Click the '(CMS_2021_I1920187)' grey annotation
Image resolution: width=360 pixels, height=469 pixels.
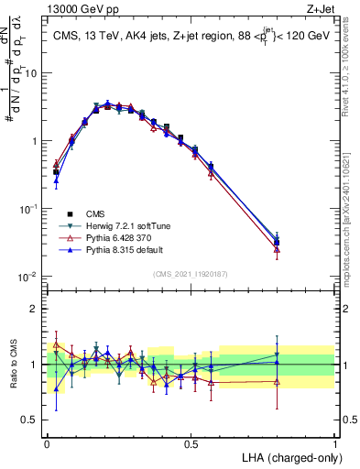coord(191,273)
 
